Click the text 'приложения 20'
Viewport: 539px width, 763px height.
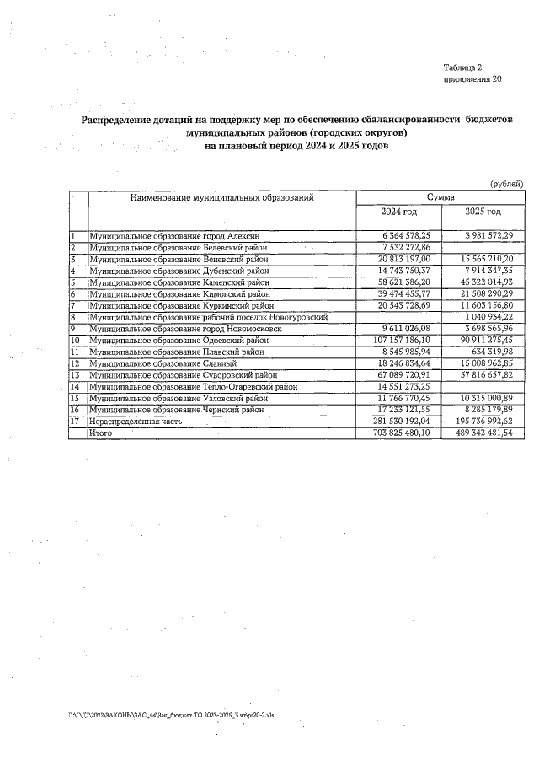[472, 79]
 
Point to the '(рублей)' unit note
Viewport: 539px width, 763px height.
[506, 184]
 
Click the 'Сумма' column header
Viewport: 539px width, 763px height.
[440, 196]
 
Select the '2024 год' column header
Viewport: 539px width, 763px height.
[399, 212]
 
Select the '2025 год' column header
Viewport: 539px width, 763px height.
[483, 212]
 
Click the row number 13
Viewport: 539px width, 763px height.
[74, 374]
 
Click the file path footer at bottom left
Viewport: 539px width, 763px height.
[177, 714]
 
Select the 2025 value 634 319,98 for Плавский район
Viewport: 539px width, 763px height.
[492, 351]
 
